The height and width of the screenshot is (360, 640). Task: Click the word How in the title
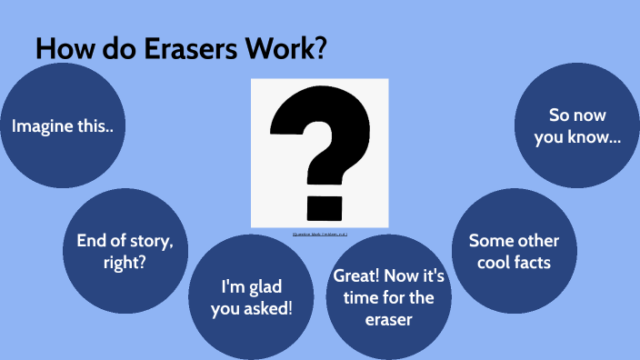tap(63, 50)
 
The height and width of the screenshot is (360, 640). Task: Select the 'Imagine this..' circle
tap(63, 125)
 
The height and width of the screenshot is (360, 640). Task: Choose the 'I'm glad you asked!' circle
tap(245, 296)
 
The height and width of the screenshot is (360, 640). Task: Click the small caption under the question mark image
tap(319, 234)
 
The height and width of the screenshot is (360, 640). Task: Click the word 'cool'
tap(490, 264)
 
